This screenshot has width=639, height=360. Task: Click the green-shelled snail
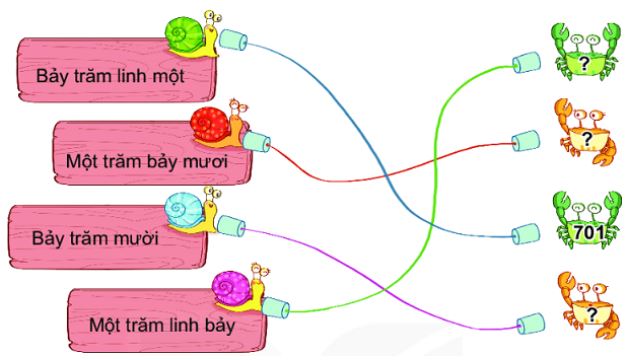coord(190,36)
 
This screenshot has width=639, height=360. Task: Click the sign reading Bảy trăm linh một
coord(110,75)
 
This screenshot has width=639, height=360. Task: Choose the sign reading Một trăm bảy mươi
coord(139,160)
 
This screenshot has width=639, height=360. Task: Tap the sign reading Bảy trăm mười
coord(95,240)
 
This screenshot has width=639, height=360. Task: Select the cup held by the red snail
coord(259,139)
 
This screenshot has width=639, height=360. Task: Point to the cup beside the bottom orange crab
coord(527,321)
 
